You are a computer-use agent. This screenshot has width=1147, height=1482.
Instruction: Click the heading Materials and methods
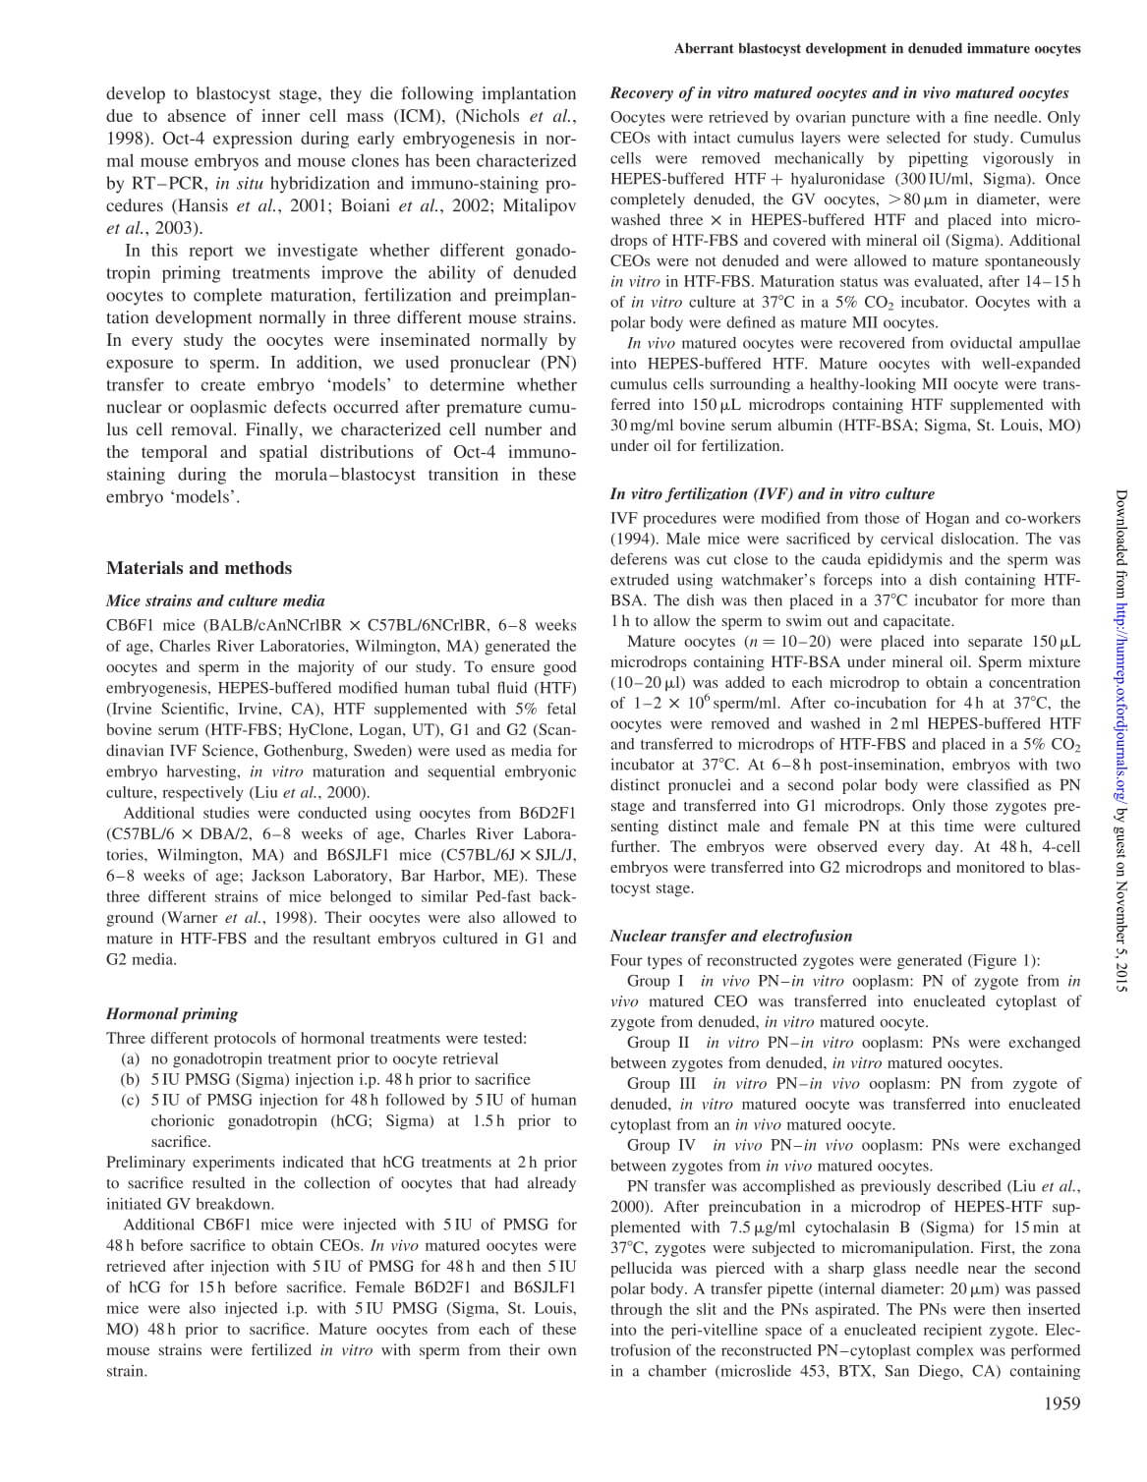click(x=199, y=568)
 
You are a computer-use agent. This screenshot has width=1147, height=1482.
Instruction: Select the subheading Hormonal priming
click(x=172, y=1014)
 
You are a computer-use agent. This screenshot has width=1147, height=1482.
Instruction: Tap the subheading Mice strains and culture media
click(x=215, y=601)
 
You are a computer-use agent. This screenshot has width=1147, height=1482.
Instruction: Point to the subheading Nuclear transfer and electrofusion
click(x=731, y=937)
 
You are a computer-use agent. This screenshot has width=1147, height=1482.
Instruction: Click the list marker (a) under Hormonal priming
click(x=130, y=1059)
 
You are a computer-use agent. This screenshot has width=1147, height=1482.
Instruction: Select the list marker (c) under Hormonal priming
click(x=130, y=1101)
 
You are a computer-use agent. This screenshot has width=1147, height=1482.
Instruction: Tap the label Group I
click(x=656, y=981)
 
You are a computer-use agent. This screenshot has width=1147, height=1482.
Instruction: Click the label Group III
click(x=661, y=1084)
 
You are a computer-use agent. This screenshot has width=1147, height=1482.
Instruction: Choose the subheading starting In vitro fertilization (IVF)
click(x=773, y=494)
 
